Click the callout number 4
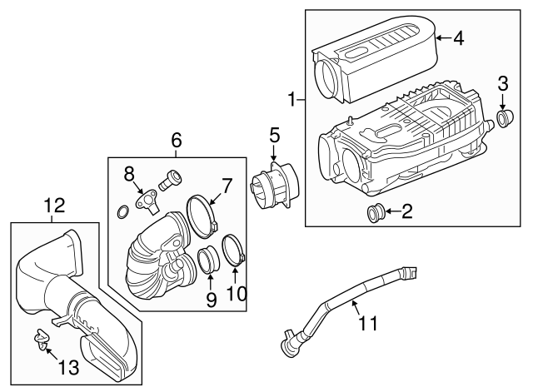coord(458,37)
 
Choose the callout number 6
coord(177,141)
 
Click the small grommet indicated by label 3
coord(503,119)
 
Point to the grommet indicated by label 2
coord(376,214)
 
